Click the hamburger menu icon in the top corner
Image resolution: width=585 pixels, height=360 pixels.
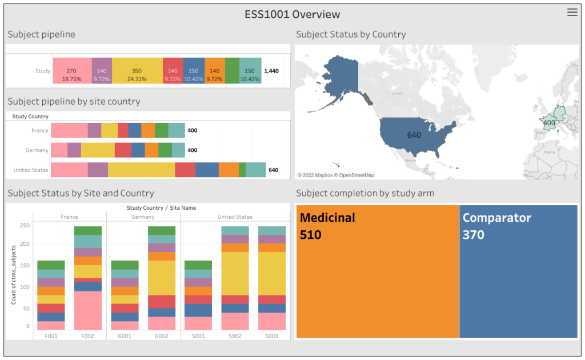point(572,13)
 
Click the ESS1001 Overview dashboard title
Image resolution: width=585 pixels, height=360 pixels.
point(292,14)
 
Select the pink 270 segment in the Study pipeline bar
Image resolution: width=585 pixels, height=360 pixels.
point(72,71)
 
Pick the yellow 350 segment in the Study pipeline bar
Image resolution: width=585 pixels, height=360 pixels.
point(137,71)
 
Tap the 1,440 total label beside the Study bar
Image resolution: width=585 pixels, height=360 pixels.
point(272,71)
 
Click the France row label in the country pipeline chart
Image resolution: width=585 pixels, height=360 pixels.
point(39,130)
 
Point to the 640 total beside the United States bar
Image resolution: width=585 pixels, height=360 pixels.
point(273,170)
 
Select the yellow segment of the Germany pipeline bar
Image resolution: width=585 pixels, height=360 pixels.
point(98,150)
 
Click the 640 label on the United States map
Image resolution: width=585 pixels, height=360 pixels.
point(414,135)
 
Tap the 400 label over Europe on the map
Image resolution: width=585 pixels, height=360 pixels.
point(549,122)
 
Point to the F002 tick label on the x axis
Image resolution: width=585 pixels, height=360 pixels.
point(88,336)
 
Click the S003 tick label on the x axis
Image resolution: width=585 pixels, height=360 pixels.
point(272,336)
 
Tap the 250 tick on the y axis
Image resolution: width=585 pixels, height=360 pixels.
point(24,226)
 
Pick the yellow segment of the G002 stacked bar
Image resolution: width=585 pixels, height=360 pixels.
point(162,278)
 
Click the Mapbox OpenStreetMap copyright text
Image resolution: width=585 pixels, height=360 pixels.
point(336,175)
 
